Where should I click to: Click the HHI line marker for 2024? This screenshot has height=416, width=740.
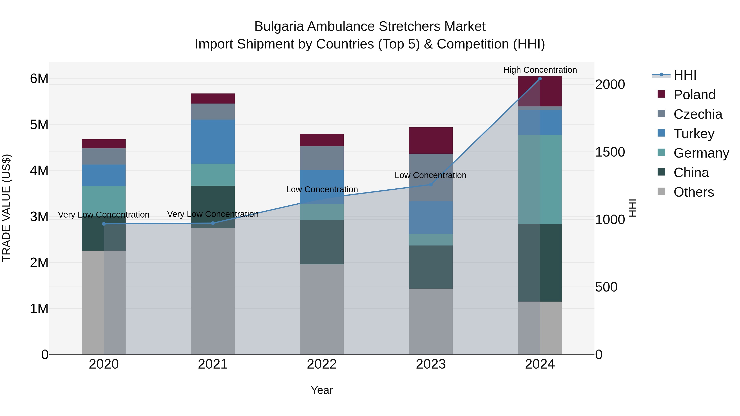pyautogui.click(x=540, y=79)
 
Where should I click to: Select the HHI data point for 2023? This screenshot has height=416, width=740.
pyautogui.click(x=431, y=185)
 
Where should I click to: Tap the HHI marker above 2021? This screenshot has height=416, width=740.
pyautogui.click(x=213, y=223)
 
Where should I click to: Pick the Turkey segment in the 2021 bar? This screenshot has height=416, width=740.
pyautogui.click(x=213, y=142)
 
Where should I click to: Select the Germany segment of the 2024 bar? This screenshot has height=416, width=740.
pyautogui.click(x=540, y=179)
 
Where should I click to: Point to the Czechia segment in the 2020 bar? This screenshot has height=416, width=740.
pyautogui.click(x=104, y=157)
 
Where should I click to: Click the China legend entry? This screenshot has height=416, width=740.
pyautogui.click(x=691, y=173)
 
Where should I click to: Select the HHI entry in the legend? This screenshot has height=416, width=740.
pyautogui.click(x=684, y=75)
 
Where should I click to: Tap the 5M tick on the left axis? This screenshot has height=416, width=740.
pyautogui.click(x=39, y=125)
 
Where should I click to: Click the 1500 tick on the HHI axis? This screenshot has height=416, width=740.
pyautogui.click(x=610, y=152)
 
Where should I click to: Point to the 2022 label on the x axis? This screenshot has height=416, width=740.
pyautogui.click(x=322, y=364)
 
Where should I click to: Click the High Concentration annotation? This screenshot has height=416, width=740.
pyautogui.click(x=540, y=70)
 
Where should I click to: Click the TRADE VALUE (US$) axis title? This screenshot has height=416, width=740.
pyautogui.click(x=6, y=208)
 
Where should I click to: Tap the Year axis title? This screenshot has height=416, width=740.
pyautogui.click(x=322, y=390)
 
